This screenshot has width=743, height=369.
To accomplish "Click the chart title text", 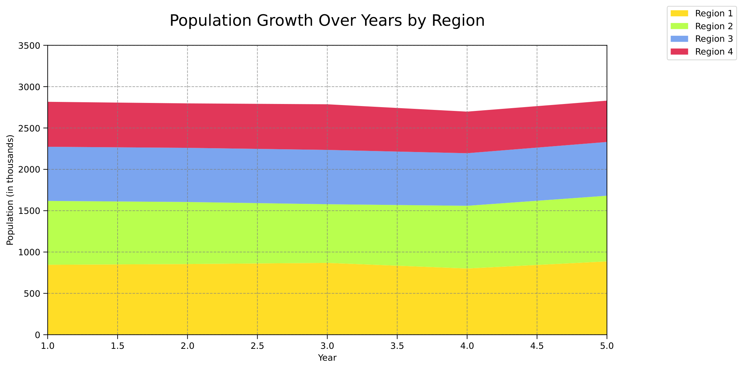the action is click(327, 21).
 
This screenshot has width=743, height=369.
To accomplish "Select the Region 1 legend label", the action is click(714, 14).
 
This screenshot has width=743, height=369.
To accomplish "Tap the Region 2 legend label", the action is click(714, 26).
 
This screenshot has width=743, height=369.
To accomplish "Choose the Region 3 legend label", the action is click(714, 39).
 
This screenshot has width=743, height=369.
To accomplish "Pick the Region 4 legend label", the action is click(714, 52).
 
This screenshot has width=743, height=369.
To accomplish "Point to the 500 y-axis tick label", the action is click(34, 294).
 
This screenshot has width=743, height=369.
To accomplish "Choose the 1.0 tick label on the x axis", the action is click(48, 346).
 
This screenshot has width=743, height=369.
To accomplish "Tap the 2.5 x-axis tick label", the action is click(257, 346).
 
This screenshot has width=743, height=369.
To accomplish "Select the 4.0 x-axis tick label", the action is click(467, 346).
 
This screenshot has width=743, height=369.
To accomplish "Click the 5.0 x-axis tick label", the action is click(607, 346).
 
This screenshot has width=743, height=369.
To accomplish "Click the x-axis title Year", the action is click(327, 358).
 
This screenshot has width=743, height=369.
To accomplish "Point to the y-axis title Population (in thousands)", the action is click(10, 190).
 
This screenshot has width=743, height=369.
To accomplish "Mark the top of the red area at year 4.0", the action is click(467, 112).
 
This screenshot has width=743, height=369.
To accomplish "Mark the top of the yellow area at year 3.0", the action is click(327, 263).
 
